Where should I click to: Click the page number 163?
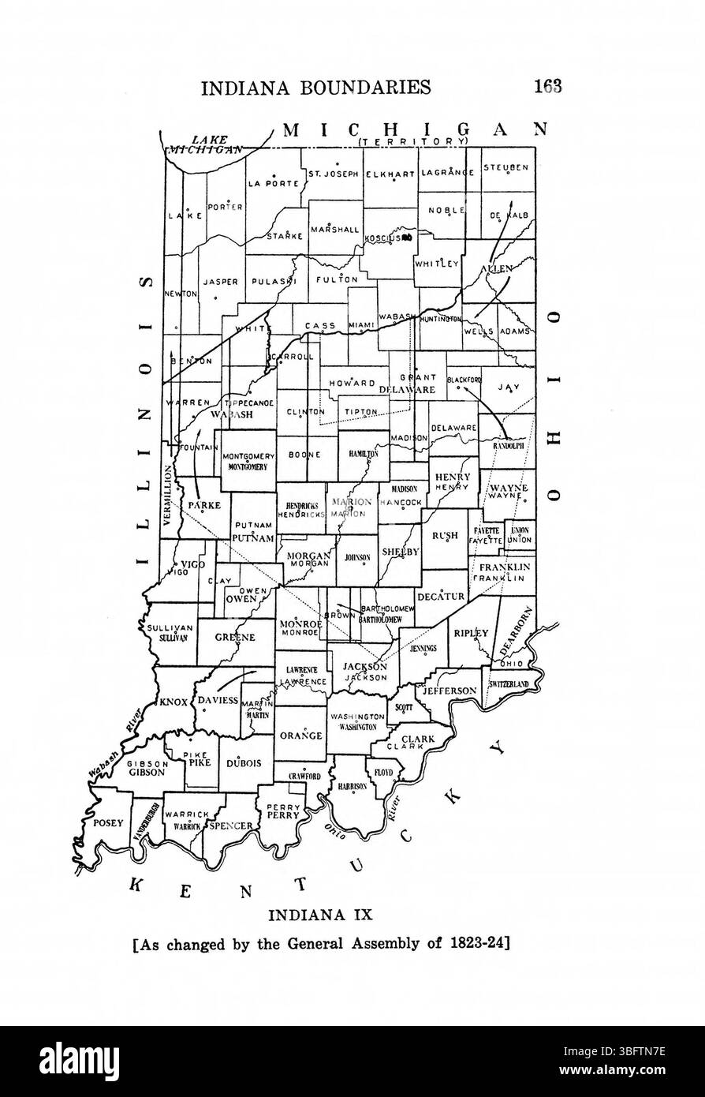(546, 86)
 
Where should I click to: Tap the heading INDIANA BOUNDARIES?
(316, 87)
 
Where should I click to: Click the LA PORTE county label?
(274, 183)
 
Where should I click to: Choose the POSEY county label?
(108, 822)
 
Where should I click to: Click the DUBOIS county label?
(243, 763)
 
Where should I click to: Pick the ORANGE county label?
(300, 736)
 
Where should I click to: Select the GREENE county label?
(235, 638)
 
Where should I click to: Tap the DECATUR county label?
(442, 597)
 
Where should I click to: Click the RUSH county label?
(445, 535)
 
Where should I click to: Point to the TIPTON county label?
(362, 411)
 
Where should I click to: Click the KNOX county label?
(172, 701)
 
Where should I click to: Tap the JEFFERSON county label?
(450, 691)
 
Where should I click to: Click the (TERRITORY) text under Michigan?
(412, 141)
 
